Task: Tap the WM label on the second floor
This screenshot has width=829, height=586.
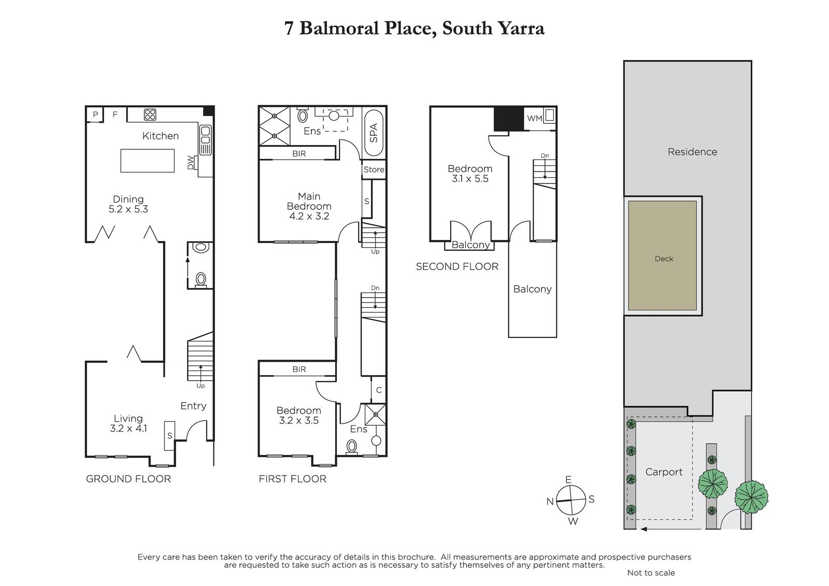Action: (x=534, y=119)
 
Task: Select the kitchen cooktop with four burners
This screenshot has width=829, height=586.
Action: (x=150, y=115)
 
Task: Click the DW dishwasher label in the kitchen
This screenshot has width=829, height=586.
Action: (x=191, y=163)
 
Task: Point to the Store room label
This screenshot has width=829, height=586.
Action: (x=374, y=169)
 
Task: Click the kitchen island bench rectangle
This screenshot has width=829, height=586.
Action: (x=147, y=161)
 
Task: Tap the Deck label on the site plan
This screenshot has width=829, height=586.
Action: (x=664, y=259)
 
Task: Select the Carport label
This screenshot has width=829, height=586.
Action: (x=664, y=472)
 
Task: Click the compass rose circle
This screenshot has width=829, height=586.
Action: (x=571, y=500)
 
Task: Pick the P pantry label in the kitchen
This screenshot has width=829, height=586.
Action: (x=95, y=115)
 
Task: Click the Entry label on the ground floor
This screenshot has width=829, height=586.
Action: (x=193, y=406)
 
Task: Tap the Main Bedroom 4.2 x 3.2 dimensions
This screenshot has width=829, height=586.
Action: (x=309, y=216)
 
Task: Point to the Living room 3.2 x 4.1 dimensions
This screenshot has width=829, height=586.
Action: (x=128, y=428)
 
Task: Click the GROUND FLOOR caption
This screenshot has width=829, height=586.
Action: (x=128, y=479)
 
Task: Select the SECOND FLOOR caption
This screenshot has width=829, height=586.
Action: (x=457, y=266)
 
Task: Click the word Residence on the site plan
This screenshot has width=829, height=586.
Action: (x=692, y=152)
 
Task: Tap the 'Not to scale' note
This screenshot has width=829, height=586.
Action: (x=651, y=573)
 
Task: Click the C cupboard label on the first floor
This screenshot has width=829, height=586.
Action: (x=379, y=390)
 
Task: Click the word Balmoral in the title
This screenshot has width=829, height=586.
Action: (x=339, y=28)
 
